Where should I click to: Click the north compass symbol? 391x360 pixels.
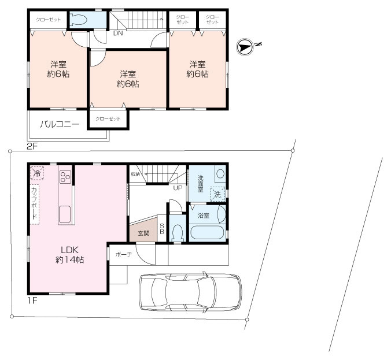coord(245,47)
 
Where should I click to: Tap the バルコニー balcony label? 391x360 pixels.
coord(60,124)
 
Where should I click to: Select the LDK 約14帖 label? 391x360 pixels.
coord(69,255)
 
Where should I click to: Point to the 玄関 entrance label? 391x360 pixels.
coord(143,233)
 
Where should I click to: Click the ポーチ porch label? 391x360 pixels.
coord(124,255)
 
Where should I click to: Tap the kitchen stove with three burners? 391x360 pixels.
coord(65,176)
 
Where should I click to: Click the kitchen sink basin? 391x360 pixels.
coord(65,214)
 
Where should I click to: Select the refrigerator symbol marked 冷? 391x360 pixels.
coord(37,173)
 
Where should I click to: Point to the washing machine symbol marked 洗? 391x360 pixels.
coord(217,194)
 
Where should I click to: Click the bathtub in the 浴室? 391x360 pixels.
coord(206,232)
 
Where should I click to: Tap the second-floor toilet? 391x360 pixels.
coord(78,20)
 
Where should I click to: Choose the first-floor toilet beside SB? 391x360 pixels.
coord(178,232)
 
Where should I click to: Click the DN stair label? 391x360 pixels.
coord(118,33)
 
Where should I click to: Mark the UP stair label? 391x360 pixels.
coord(178,188)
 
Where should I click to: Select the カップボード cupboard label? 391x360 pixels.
coord(34,203)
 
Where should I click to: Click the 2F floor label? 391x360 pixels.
coord(32,146)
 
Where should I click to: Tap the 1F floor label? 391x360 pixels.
coord(32,300)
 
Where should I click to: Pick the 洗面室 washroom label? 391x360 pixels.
coord(201,184)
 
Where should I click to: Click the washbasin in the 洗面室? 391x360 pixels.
coord(220,174)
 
